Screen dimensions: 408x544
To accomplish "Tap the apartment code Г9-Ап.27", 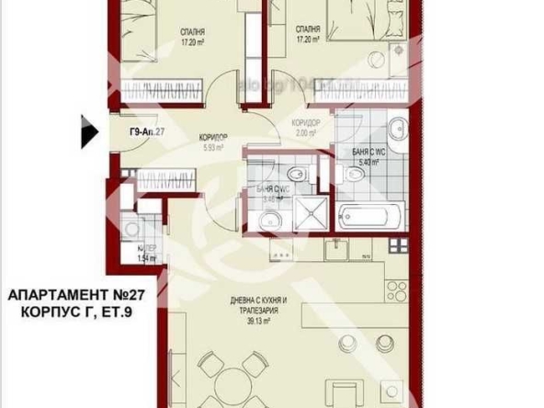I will (x=146, y=131).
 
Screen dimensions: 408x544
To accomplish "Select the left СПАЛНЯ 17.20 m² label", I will (x=193, y=36).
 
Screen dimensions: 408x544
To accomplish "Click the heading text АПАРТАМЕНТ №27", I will (x=76, y=295).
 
